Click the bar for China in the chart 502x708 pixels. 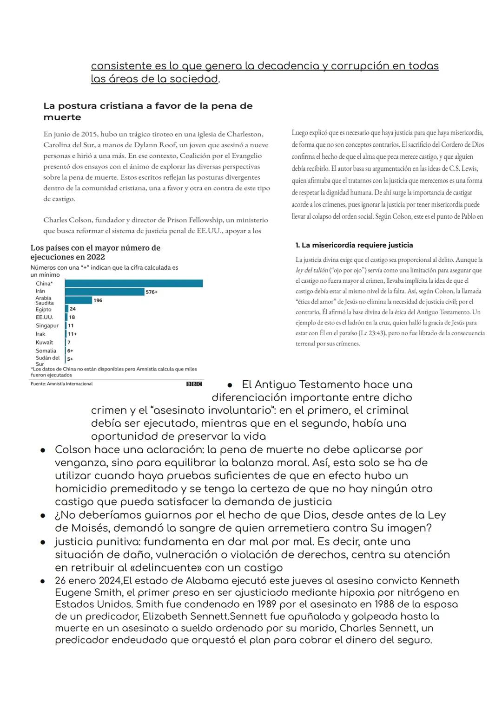coord(134,283)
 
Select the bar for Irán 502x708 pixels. coord(105,292)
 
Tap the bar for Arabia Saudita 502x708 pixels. coord(79,300)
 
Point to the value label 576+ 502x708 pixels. coord(152,292)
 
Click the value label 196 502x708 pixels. coord(98,300)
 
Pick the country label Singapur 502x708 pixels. coord(47,326)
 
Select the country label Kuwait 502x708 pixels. coord(44,343)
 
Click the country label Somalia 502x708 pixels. coord(46,351)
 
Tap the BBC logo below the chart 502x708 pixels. coord(194,384)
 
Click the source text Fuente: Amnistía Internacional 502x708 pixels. coord(61,384)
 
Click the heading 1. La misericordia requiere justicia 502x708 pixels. coord(354,245)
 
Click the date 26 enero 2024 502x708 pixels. coord(88,581)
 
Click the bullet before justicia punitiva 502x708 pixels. coord(42,542)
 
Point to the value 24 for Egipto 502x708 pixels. coord(73,309)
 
